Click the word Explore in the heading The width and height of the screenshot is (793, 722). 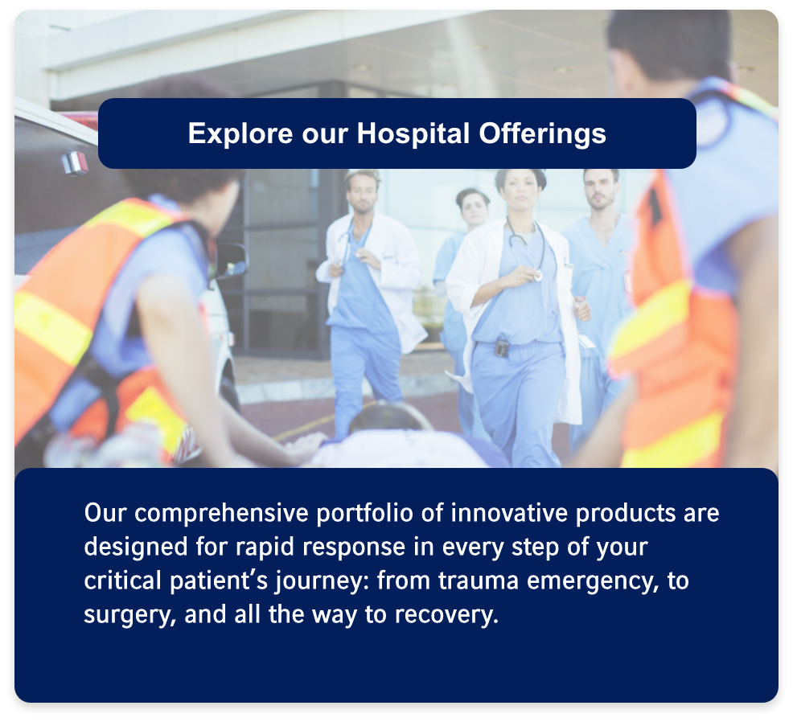point(240,134)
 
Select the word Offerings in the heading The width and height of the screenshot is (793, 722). point(542,134)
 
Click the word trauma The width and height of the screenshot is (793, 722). point(478,581)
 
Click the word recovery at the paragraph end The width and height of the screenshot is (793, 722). point(446,615)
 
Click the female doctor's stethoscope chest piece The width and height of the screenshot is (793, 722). point(537,276)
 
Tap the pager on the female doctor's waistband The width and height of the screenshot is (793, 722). point(501,348)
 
